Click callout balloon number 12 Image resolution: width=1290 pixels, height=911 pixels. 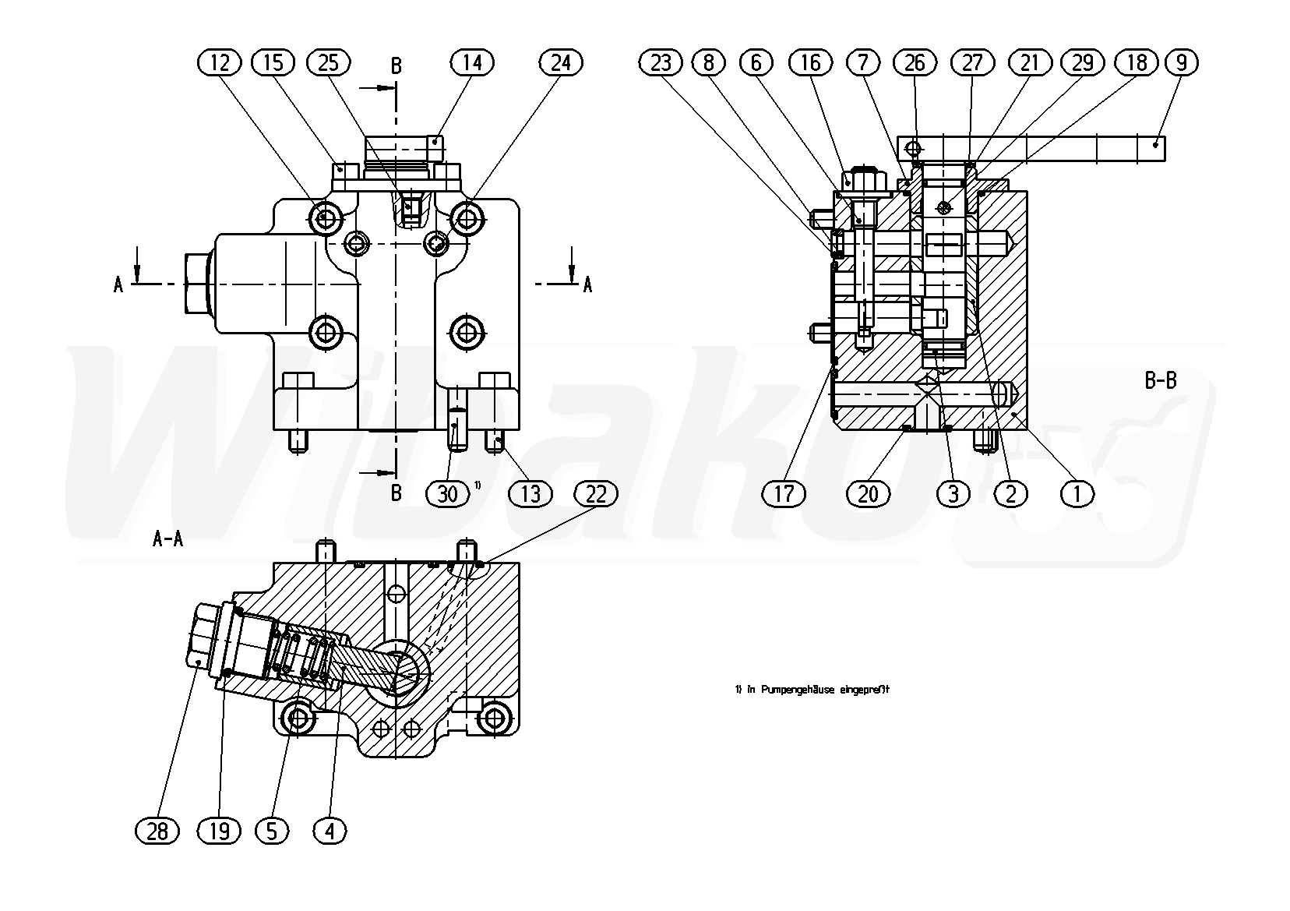click(x=220, y=62)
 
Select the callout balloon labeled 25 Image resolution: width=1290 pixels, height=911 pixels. click(x=329, y=62)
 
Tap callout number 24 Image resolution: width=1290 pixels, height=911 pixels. click(x=562, y=62)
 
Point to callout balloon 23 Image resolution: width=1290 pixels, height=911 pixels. click(x=661, y=62)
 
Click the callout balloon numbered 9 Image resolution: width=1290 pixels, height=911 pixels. click(x=1181, y=62)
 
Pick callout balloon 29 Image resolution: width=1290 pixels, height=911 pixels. click(x=1083, y=62)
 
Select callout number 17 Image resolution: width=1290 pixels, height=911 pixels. click(x=784, y=494)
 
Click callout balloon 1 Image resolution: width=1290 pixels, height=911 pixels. click(x=1077, y=494)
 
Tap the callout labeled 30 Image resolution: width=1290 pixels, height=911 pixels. click(x=448, y=494)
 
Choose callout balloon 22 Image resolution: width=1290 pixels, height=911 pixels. click(x=596, y=494)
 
